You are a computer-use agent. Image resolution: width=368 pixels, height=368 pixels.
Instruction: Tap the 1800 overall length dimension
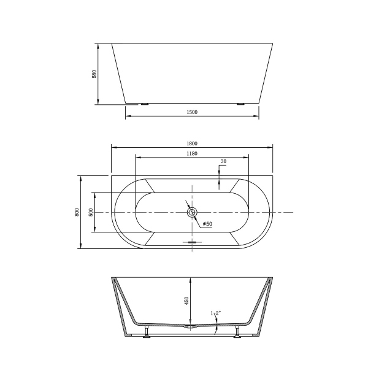(x=192, y=144)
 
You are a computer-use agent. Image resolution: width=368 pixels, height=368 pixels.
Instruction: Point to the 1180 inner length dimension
(x=191, y=153)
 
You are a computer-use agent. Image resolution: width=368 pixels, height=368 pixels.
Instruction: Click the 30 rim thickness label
(x=223, y=161)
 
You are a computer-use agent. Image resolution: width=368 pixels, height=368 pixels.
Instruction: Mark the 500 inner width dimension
(x=91, y=212)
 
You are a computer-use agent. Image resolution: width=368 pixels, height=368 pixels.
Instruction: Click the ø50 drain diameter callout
(x=207, y=224)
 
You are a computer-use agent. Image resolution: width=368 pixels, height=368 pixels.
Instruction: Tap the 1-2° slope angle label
(x=216, y=313)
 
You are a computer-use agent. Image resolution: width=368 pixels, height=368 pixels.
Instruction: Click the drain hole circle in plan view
(x=192, y=212)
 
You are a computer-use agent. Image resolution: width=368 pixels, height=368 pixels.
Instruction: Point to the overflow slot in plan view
(x=193, y=242)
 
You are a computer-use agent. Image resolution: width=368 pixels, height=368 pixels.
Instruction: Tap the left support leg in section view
(x=147, y=332)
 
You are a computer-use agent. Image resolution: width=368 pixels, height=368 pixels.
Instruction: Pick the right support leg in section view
(x=237, y=332)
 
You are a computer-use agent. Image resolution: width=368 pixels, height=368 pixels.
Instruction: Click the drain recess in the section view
(x=192, y=328)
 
